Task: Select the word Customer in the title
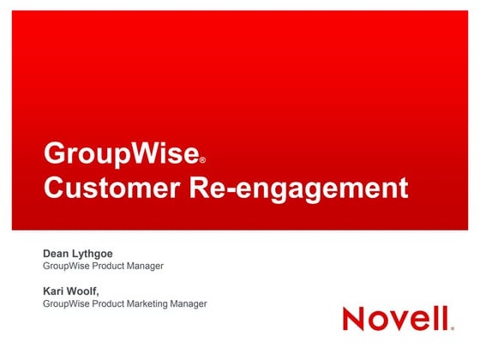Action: pos(108,187)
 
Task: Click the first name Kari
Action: pos(54,291)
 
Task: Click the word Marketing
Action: pos(149,303)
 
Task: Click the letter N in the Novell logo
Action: pos(355,318)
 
